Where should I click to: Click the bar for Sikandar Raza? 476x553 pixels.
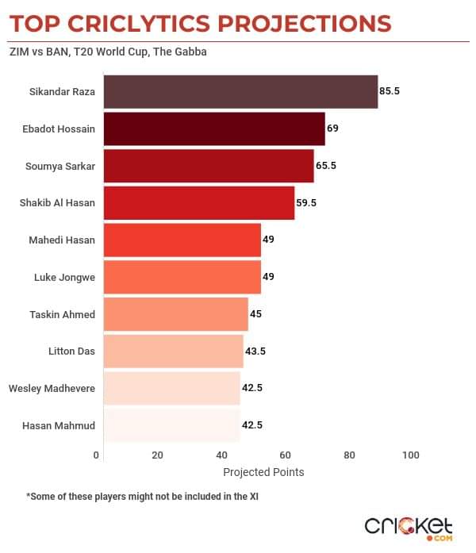point(240,91)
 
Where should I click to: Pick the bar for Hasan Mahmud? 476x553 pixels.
point(171,425)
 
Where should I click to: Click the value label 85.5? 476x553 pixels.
point(390,91)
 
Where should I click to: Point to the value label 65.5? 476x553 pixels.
point(327,166)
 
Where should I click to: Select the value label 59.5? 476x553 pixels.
point(306,203)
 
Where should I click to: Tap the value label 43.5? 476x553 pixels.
point(255,351)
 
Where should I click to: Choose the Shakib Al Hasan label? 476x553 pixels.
point(57,203)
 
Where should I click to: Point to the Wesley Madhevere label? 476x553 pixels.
point(52,389)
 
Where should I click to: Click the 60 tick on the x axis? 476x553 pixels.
point(285,455)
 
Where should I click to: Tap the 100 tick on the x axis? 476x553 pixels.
point(410,455)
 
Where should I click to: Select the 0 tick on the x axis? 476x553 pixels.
point(97,455)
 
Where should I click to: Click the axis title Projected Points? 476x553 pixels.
point(263,472)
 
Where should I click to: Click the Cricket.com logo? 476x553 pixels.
point(409,527)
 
